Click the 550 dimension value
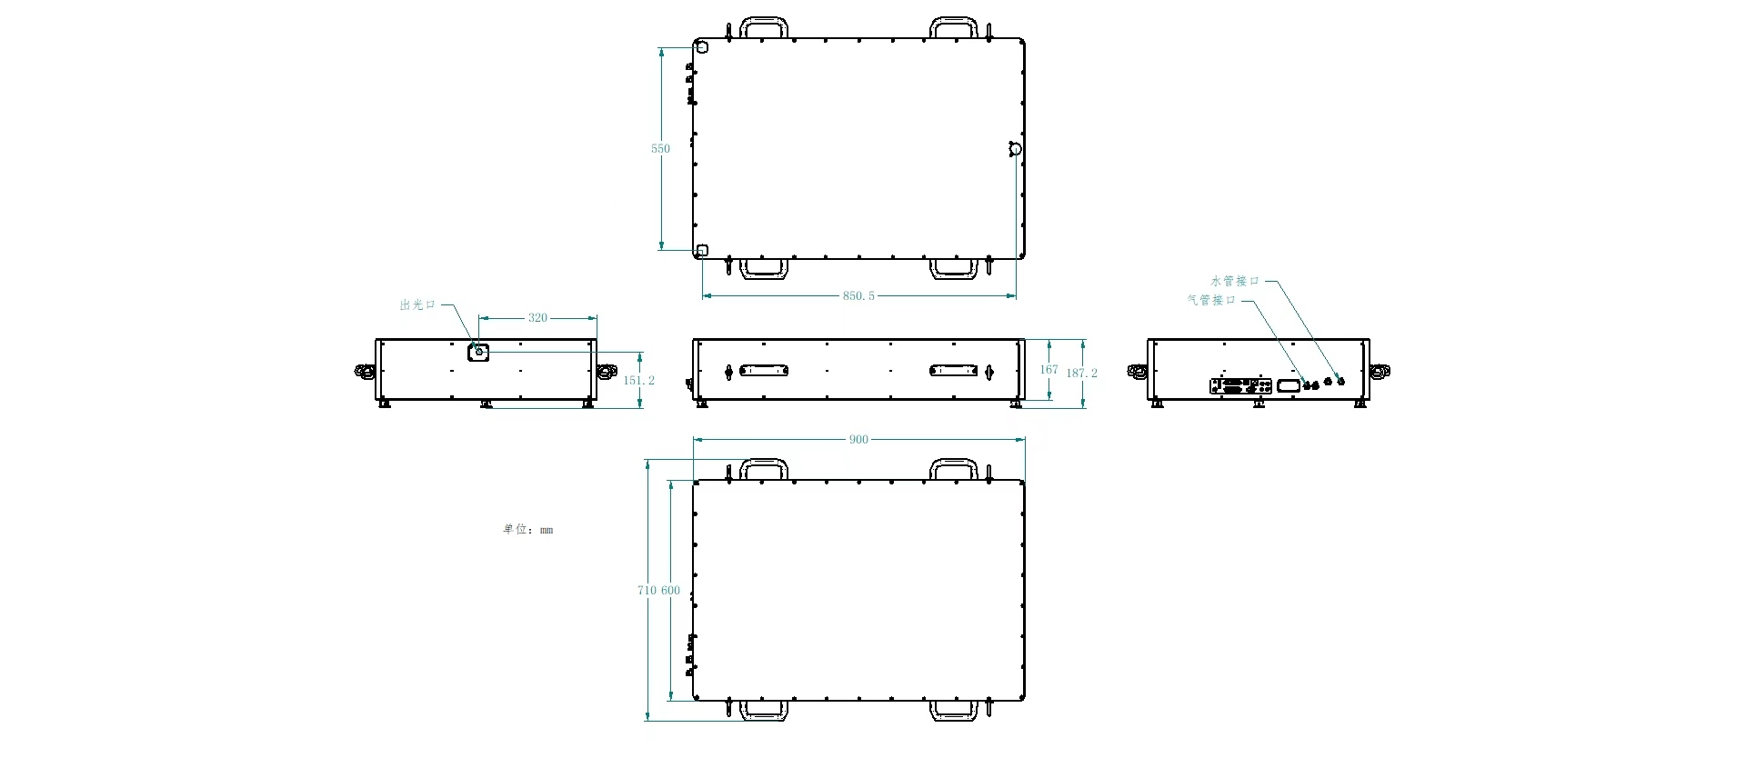pos(660,149)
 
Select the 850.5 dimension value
pos(858,296)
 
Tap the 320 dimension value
pos(537,318)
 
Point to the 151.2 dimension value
pos(638,381)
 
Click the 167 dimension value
pos(1049,370)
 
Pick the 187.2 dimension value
pos(1081,374)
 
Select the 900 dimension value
pos(858,440)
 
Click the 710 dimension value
pos(647,591)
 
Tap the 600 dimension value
pos(670,591)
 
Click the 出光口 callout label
pos(417,305)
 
